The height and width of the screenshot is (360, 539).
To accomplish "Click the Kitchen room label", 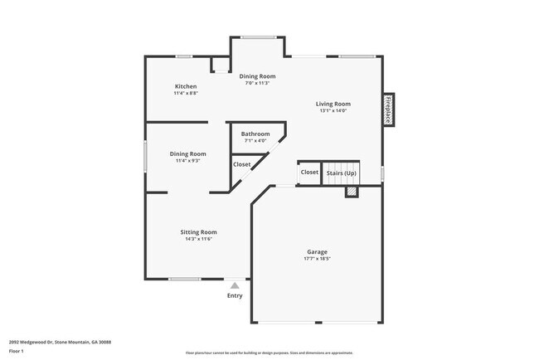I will (x=185, y=87).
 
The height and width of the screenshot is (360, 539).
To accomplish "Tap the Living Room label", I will (x=332, y=104).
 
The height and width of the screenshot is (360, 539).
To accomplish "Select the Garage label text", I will (x=317, y=251).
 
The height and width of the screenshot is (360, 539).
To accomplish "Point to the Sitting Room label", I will (x=199, y=231).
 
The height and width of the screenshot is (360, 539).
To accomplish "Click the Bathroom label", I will (x=255, y=134).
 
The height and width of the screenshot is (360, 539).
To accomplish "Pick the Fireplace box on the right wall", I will (x=387, y=109).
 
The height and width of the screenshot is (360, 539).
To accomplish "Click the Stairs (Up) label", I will (x=341, y=173).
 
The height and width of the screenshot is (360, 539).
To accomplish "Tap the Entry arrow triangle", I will (x=235, y=285).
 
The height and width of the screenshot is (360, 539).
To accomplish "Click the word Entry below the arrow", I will (x=235, y=295).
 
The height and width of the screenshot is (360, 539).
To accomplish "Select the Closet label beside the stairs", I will (x=309, y=173).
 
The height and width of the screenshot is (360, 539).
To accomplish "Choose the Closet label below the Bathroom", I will (x=241, y=164).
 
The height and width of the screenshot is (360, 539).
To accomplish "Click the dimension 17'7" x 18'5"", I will (x=317, y=259).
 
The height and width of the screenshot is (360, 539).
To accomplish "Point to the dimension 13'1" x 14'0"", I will (x=332, y=111).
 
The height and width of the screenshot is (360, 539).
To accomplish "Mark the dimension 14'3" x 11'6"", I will (x=199, y=239).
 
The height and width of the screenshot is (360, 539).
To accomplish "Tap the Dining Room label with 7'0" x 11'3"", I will (x=257, y=76).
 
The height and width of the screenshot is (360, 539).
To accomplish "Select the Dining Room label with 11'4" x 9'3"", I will (x=187, y=153).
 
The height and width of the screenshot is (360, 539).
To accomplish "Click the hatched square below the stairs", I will (x=352, y=192).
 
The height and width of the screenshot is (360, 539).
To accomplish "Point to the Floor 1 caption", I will (x=17, y=351).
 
